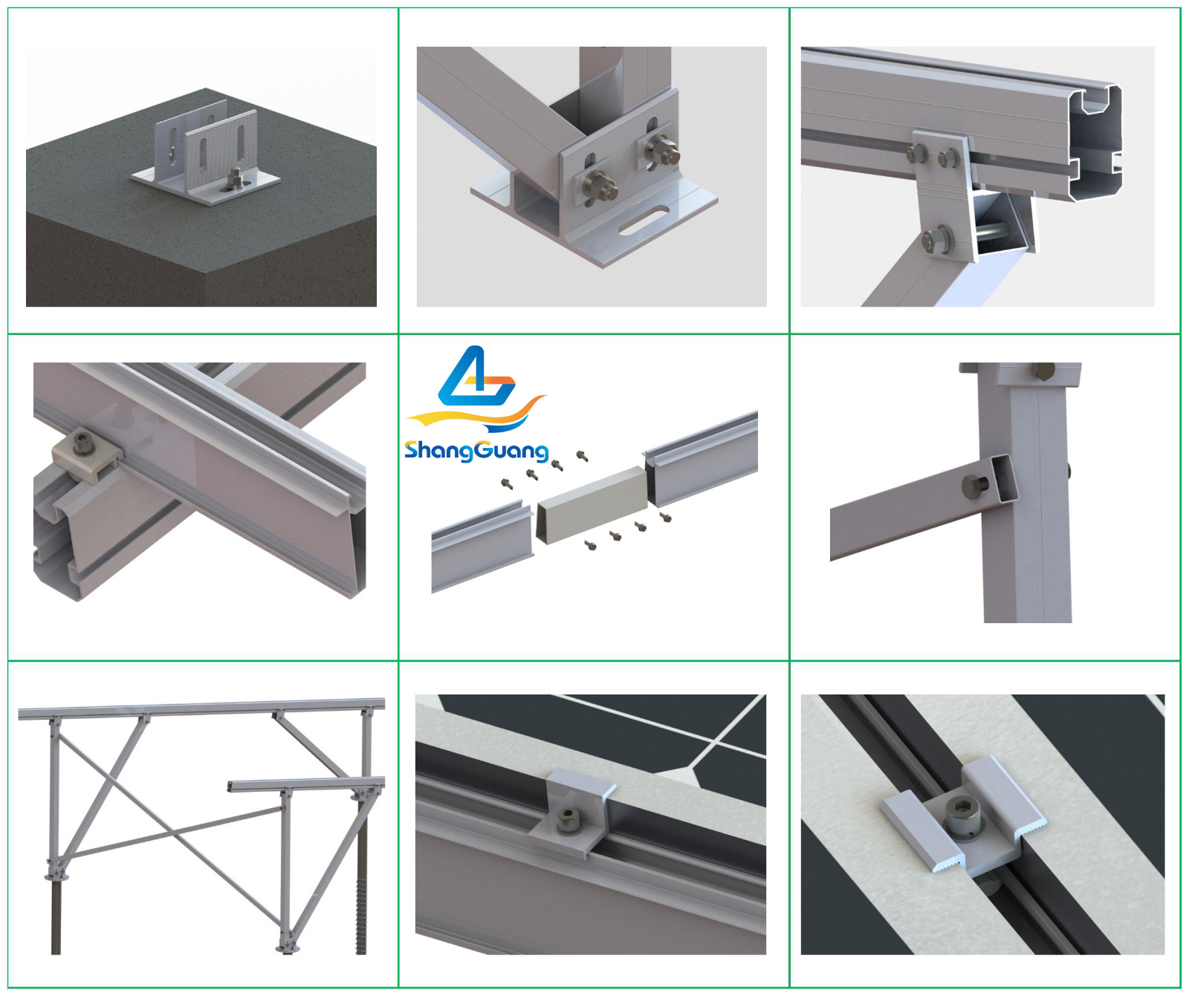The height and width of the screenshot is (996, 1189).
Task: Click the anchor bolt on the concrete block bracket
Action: point(236,178)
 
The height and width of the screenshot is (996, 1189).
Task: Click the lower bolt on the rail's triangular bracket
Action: point(937,240)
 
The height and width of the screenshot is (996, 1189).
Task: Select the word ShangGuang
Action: point(476,450)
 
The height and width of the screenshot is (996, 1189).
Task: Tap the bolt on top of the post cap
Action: point(1043,369)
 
